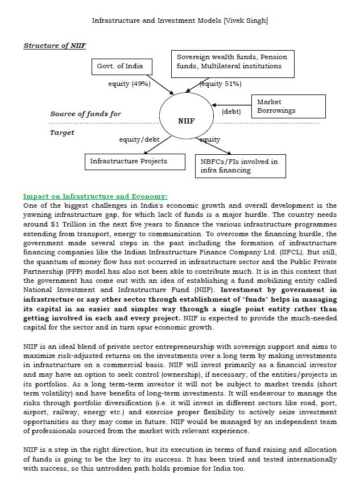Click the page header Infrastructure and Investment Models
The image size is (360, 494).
tap(180, 20)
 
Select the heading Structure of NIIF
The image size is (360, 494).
tap(55, 46)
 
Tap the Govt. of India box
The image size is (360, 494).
tap(120, 67)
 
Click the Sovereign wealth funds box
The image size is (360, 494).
tap(233, 63)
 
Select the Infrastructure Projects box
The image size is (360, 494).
tap(129, 162)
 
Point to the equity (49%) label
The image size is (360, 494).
tap(129, 84)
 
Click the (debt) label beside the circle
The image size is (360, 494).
tap(231, 112)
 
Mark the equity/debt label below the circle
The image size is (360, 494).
tap(139, 139)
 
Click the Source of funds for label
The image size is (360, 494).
tap(85, 114)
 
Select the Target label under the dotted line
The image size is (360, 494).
tap(62, 133)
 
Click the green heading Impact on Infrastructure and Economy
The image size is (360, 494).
tap(96, 196)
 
